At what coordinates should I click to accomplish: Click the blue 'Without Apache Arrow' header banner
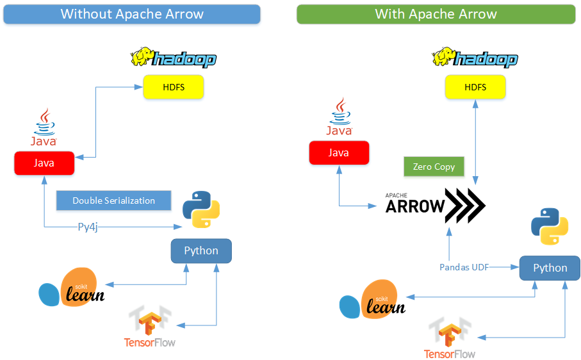[x=132, y=14]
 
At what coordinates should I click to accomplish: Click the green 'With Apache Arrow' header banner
[x=436, y=14]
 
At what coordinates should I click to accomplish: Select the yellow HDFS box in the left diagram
[x=174, y=87]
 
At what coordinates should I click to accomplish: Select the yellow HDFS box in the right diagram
[x=475, y=87]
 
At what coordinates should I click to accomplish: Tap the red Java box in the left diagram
[x=44, y=163]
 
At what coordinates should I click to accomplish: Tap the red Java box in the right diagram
[x=339, y=152]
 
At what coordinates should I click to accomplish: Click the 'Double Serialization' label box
[x=114, y=200]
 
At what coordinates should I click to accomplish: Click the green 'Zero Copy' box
[x=434, y=167]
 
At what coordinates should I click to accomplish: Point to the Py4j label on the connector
[x=88, y=227]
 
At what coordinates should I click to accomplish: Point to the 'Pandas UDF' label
[x=464, y=267]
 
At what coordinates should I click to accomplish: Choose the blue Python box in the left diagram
[x=201, y=250]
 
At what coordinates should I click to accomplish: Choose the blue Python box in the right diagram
[x=550, y=268]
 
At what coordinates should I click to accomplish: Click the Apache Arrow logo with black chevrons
[x=436, y=206]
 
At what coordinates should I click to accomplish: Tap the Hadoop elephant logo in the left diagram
[x=174, y=58]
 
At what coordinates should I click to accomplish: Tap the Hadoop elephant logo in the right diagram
[x=475, y=58]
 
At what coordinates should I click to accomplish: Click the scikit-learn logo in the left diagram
[x=72, y=287]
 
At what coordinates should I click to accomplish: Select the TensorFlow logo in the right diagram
[x=450, y=338]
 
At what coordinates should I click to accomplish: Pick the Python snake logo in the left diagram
[x=201, y=209]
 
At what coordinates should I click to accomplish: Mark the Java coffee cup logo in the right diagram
[x=340, y=117]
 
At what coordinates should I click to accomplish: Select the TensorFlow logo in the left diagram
[x=150, y=326]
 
